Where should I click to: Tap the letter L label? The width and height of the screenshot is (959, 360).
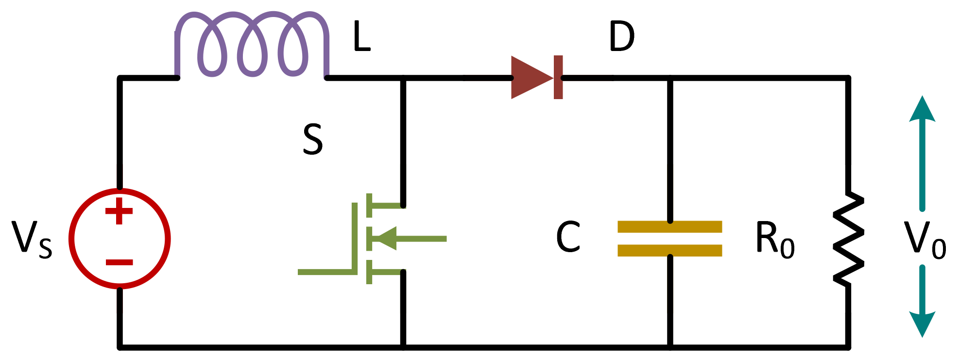(x=362, y=38)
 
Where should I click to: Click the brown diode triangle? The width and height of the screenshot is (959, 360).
(x=530, y=78)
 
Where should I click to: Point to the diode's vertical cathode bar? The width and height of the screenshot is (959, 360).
(x=558, y=78)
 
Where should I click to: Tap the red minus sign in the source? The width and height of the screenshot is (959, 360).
(x=119, y=262)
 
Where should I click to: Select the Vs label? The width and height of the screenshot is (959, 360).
(x=32, y=239)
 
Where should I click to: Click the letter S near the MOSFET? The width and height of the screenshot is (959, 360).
(x=312, y=139)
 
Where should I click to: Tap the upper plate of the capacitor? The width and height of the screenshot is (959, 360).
(x=669, y=226)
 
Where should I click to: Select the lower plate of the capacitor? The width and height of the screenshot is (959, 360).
(x=669, y=250)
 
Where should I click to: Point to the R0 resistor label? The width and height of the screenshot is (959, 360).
(x=774, y=239)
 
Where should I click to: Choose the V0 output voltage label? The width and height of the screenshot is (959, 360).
(x=925, y=239)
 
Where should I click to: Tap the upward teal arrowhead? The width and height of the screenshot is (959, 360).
(x=922, y=109)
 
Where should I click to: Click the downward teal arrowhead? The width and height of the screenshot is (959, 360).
(x=922, y=324)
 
